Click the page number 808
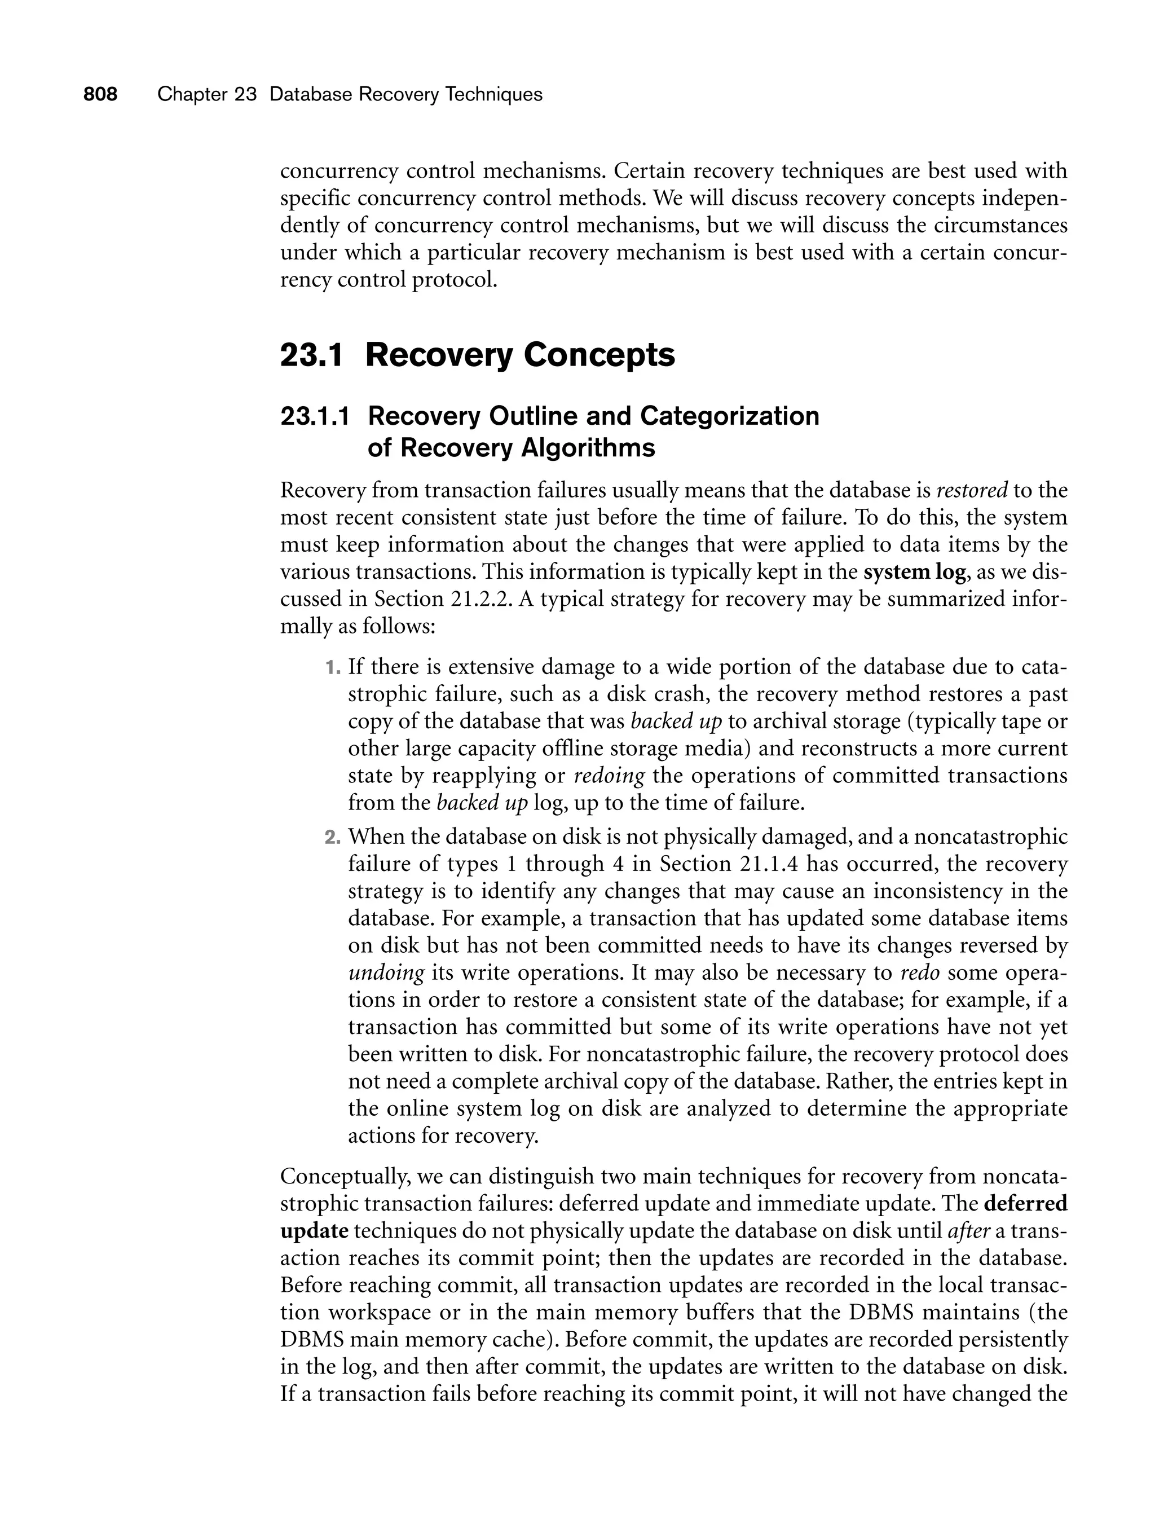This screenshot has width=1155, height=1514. tap(100, 94)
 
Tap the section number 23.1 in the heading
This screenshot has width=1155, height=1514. tap(311, 355)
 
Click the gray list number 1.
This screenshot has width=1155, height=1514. tap(332, 667)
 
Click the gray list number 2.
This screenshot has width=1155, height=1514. tap(332, 838)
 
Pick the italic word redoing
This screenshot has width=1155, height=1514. tap(609, 776)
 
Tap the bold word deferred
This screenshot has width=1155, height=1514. tap(1026, 1204)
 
